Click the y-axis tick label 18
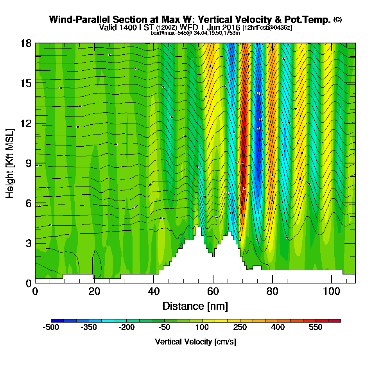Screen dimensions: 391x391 [x=25, y=43]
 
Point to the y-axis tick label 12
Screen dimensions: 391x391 [x=25, y=123]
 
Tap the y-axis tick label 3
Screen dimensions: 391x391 [x=28, y=243]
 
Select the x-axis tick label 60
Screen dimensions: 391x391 [x=213, y=291]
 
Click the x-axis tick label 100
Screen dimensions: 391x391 [x=331, y=291]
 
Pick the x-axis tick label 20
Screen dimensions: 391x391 [x=94, y=291]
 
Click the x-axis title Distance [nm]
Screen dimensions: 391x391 [x=195, y=306]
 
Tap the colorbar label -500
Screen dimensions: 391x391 [x=51, y=327]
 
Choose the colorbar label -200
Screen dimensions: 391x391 [x=127, y=327]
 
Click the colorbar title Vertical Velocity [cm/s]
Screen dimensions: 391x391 [x=195, y=342]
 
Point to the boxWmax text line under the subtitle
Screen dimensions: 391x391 [x=195, y=33]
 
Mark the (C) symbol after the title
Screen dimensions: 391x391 [x=337, y=19]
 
